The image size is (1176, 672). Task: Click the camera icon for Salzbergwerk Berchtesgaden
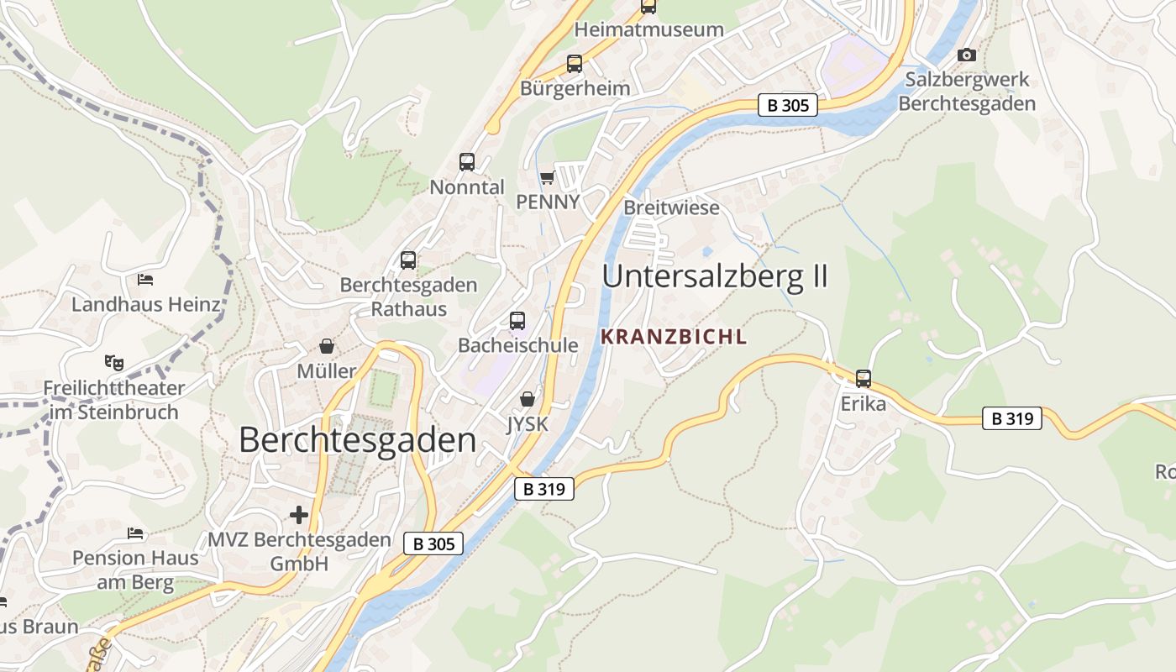[x=967, y=55]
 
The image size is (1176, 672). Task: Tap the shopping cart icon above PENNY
[x=548, y=177]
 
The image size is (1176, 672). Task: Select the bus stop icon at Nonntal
[x=467, y=162]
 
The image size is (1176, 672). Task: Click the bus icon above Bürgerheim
[x=575, y=63]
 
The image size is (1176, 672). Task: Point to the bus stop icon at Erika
[x=863, y=379]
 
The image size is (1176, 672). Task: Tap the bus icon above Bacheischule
[x=517, y=320]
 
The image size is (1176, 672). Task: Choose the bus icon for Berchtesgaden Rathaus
[x=408, y=260]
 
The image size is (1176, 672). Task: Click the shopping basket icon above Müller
[x=327, y=346]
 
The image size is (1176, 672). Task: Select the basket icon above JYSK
[x=528, y=399]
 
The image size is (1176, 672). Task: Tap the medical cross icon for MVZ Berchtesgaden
[x=298, y=514]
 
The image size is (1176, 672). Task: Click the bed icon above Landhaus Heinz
[x=145, y=279]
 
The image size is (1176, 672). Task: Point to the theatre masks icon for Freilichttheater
[x=114, y=363]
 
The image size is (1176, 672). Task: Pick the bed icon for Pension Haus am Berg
[x=135, y=533]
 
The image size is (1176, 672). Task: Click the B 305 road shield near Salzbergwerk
[x=787, y=105]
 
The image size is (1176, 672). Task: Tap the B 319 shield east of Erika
[x=1011, y=418]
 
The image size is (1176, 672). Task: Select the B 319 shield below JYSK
[x=543, y=488]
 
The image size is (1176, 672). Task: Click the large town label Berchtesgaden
[x=357, y=439]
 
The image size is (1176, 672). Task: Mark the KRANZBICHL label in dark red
[x=674, y=337]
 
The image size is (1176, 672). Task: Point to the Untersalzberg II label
[x=715, y=276]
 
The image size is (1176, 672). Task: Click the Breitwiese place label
[x=671, y=207]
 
